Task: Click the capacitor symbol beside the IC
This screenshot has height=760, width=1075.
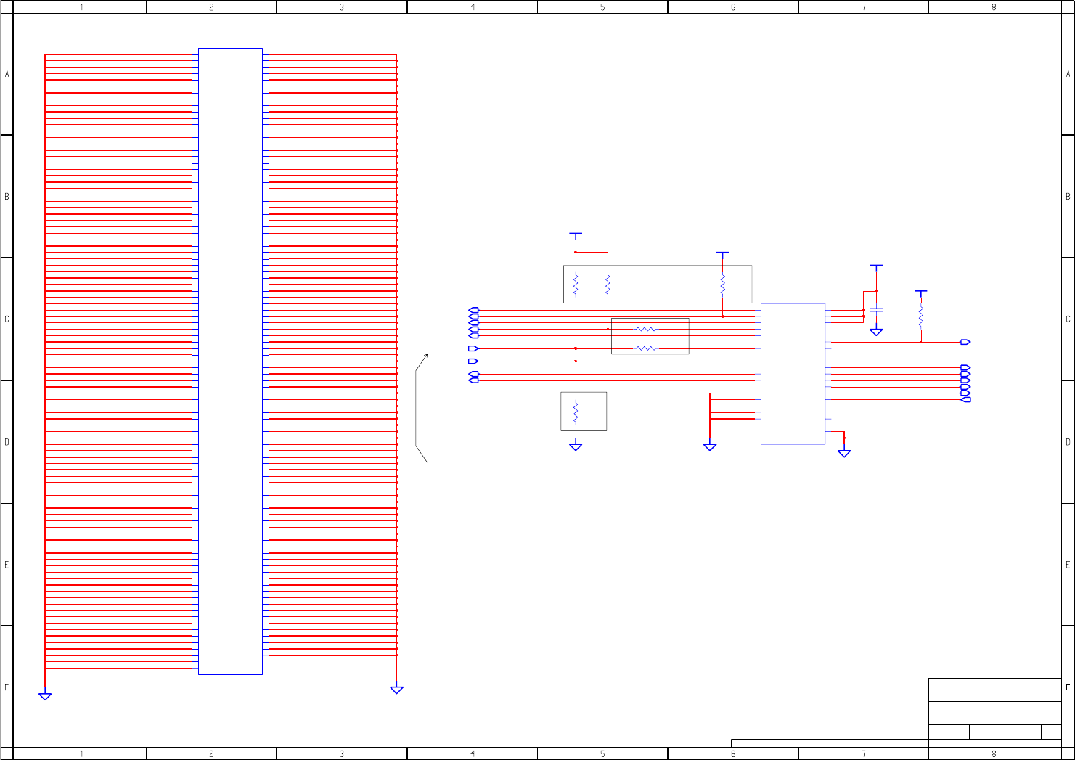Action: point(876,310)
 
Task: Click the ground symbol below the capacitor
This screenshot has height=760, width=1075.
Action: point(876,332)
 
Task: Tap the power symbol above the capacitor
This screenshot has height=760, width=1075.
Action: point(876,266)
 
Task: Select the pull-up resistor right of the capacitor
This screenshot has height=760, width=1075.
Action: point(921,316)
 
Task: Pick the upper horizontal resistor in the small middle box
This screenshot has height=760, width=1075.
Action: point(645,330)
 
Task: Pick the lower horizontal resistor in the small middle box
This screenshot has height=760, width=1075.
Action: point(645,348)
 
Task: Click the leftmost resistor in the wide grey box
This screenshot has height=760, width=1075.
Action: point(576,285)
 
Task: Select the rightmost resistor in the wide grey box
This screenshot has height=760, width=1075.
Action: point(723,285)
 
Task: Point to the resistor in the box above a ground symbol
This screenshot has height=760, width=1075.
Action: point(576,412)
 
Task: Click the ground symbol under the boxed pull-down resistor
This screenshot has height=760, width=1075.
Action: point(576,447)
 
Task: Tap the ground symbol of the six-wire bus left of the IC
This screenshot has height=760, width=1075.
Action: point(710,447)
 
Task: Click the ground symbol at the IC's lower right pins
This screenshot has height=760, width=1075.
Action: point(844,453)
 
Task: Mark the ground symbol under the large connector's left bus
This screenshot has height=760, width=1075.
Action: point(45,696)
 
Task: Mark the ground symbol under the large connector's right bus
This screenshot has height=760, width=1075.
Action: point(396,690)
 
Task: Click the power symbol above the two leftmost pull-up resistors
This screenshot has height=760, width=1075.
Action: point(576,234)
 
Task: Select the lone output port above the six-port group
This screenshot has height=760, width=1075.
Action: point(965,342)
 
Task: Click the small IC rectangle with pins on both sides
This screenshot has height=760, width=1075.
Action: point(793,374)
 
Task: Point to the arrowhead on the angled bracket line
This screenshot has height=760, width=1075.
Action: point(426,355)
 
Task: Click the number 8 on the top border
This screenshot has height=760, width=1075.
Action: point(994,7)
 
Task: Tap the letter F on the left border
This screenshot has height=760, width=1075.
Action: point(7,687)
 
